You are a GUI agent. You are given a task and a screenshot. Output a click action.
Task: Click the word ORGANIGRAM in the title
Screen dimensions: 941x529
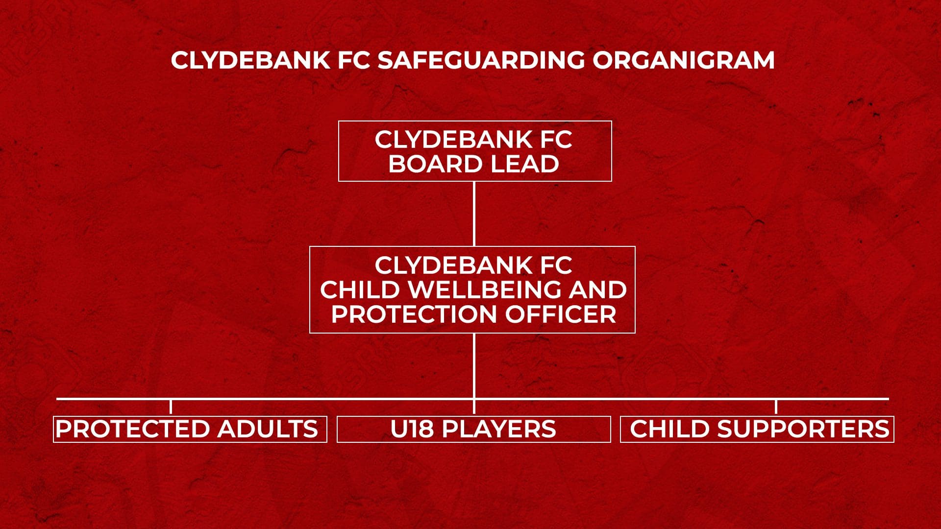(683, 60)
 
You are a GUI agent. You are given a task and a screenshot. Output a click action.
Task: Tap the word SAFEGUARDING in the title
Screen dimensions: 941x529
(481, 60)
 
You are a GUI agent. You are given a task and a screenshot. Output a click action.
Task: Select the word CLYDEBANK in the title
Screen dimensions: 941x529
(250, 60)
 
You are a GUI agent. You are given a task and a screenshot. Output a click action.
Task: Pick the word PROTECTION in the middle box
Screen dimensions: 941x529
(415, 314)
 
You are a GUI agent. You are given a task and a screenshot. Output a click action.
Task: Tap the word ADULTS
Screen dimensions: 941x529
(268, 429)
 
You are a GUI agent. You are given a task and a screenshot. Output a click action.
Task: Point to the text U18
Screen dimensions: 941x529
(412, 429)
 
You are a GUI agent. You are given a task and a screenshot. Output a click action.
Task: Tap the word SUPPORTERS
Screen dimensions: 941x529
(803, 429)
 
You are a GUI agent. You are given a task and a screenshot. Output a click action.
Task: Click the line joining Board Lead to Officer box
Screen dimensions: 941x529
(474, 214)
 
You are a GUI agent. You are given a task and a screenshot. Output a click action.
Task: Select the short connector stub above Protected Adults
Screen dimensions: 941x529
(171, 407)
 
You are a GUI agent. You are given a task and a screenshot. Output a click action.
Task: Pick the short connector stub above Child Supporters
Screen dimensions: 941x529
(776, 407)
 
